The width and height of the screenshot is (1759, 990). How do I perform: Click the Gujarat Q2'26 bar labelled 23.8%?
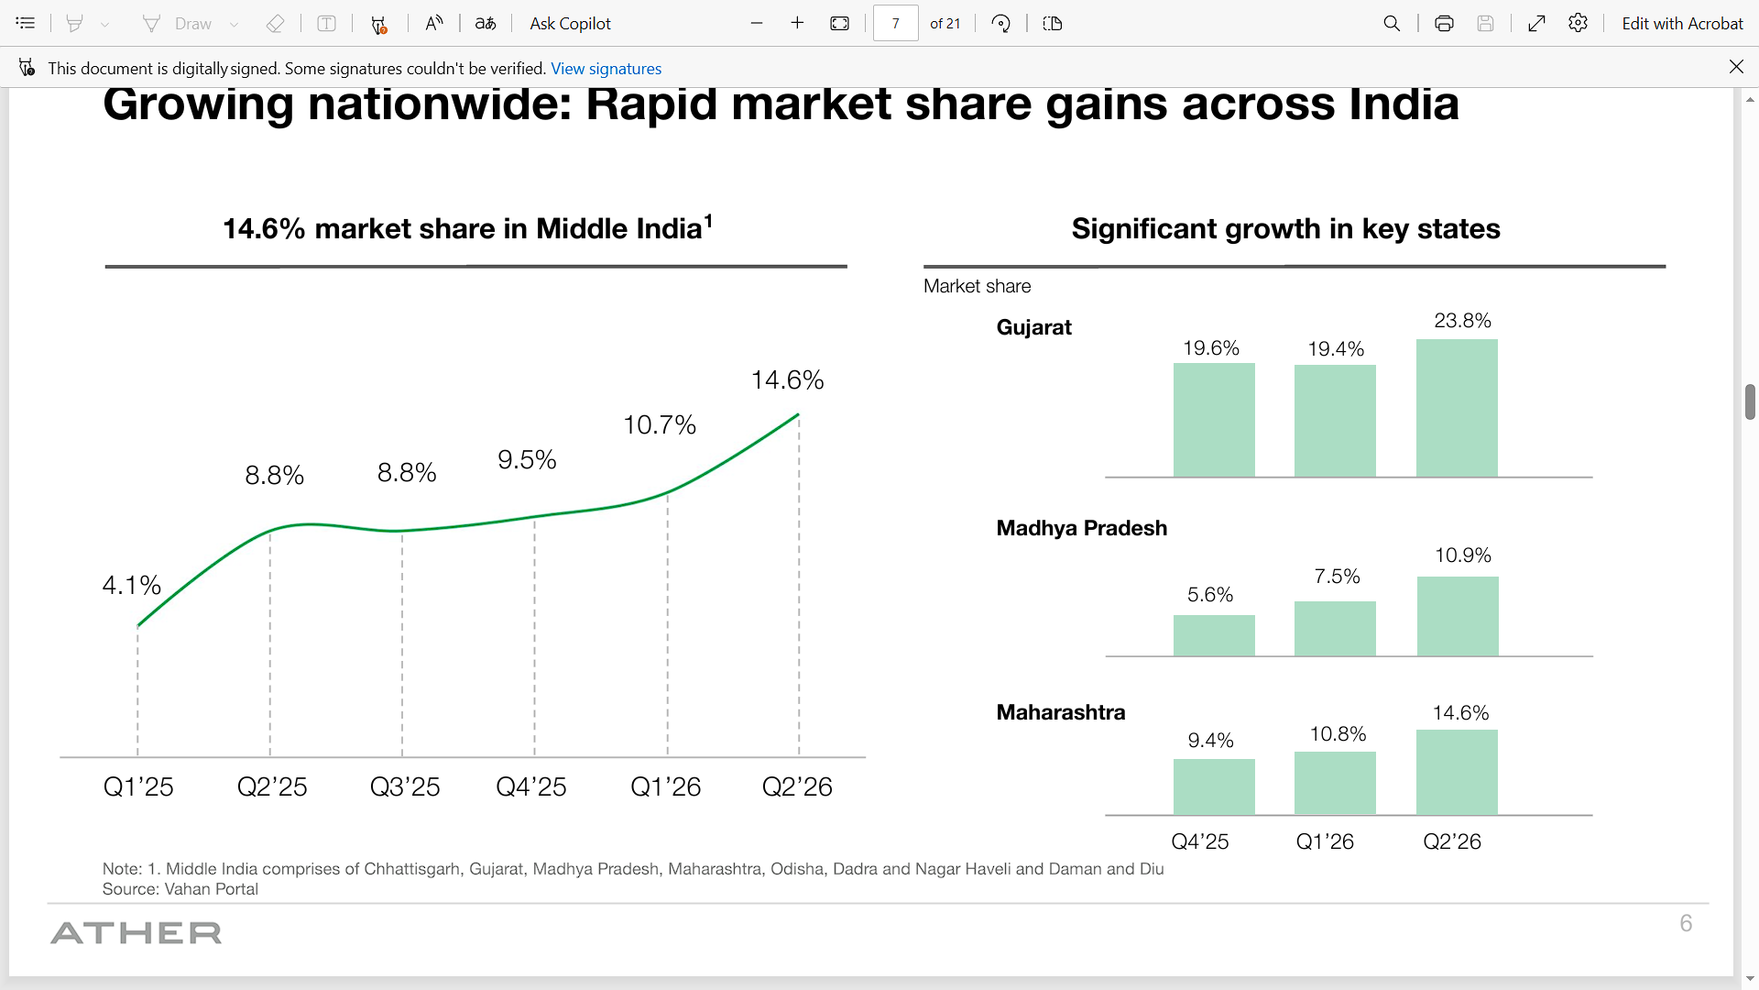pyautogui.click(x=1457, y=408)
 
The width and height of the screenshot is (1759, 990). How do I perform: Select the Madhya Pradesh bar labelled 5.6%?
pyautogui.click(x=1214, y=635)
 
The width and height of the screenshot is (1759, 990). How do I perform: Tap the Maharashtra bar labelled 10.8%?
pyautogui.click(x=1335, y=783)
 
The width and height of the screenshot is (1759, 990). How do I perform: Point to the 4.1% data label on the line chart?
pyautogui.click(x=132, y=585)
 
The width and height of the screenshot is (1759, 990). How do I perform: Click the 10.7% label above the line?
pyautogui.click(x=660, y=424)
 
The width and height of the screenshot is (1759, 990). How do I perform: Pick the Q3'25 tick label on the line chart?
pyautogui.click(x=405, y=786)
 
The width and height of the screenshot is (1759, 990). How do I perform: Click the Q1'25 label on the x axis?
pyautogui.click(x=138, y=786)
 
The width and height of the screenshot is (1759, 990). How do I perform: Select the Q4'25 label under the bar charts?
pyautogui.click(x=1200, y=841)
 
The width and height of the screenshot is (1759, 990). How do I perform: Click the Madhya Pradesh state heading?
pyautogui.click(x=1082, y=528)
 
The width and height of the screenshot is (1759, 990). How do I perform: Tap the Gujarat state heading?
pyautogui.click(x=1033, y=327)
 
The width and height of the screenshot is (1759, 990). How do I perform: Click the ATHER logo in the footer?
pyautogui.click(x=137, y=933)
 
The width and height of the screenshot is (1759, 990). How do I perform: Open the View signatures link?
pyautogui.click(x=606, y=69)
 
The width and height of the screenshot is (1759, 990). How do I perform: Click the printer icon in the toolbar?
pyautogui.click(x=1444, y=24)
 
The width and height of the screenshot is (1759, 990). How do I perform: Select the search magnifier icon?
pyautogui.click(x=1392, y=24)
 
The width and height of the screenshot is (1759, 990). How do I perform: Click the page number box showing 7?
pyautogui.click(x=895, y=24)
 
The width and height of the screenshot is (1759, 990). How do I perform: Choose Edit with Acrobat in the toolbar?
pyautogui.click(x=1682, y=24)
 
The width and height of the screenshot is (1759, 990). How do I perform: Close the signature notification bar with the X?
pyautogui.click(x=1736, y=67)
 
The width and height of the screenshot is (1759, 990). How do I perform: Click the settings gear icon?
pyautogui.click(x=1578, y=24)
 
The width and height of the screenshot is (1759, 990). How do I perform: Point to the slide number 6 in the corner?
pyautogui.click(x=1686, y=923)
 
